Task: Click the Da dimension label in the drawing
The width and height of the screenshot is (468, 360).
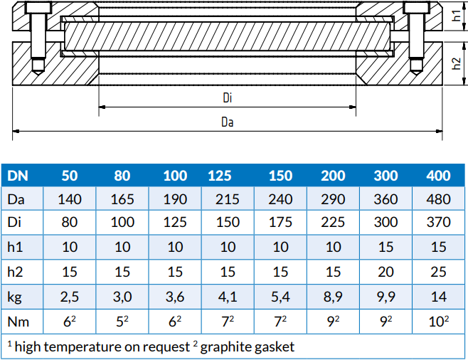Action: coord(228,122)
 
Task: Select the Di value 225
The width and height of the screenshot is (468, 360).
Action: coord(333,223)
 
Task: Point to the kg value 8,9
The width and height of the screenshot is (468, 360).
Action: coord(333,295)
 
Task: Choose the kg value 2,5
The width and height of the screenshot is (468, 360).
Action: coord(70,295)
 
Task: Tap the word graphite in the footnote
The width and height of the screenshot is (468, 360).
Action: coord(226,347)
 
